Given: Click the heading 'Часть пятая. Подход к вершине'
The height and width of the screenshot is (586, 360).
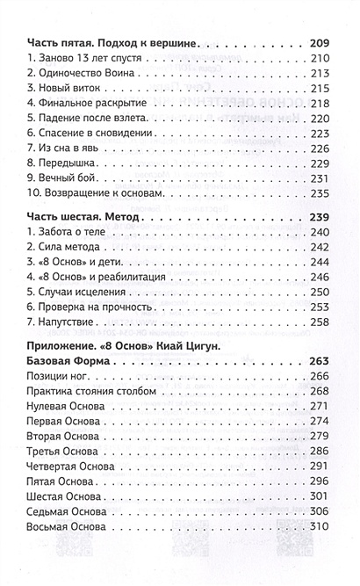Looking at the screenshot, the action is [x=110, y=42].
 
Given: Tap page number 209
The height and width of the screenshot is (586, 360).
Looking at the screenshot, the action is [x=322, y=42].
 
